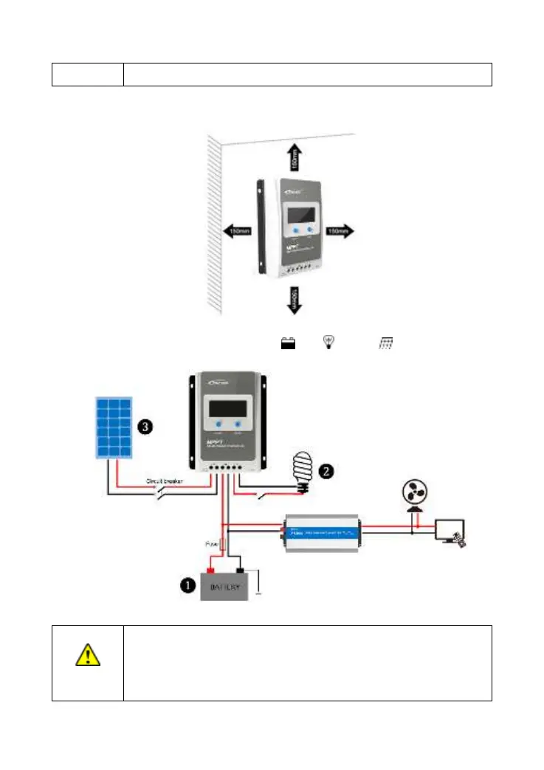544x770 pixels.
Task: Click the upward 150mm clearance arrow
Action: [295, 157]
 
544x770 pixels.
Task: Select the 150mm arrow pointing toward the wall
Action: [238, 232]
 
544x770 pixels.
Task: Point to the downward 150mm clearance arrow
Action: [295, 298]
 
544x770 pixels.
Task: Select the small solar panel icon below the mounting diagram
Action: [385, 343]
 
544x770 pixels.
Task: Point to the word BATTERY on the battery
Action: [227, 588]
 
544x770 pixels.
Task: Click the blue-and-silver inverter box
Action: [321, 532]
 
